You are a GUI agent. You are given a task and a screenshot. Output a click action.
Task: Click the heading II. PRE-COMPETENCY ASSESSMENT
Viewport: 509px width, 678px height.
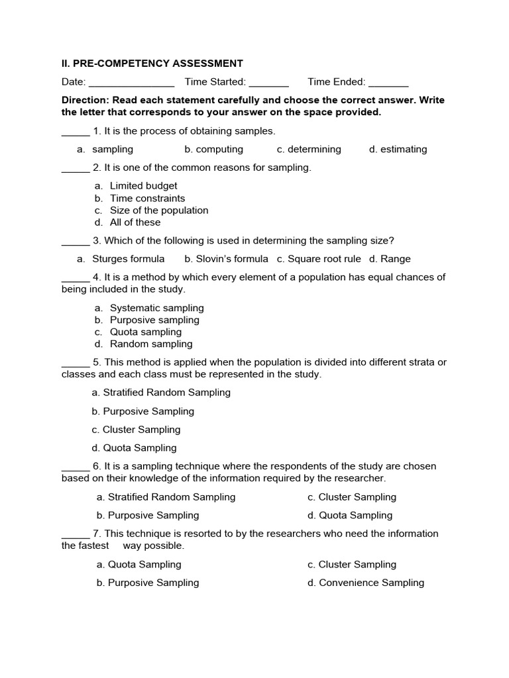pos(152,64)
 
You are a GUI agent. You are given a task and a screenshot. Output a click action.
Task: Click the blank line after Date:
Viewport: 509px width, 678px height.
pos(131,83)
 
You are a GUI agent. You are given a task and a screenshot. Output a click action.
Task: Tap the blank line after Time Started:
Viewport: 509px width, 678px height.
pos(269,83)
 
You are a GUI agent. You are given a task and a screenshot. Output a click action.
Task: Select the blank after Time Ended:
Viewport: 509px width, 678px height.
pos(388,83)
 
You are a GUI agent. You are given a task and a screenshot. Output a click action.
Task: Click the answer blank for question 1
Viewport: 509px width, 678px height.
pos(75,132)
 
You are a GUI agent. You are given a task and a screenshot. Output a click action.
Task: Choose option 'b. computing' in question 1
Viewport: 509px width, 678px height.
pos(213,150)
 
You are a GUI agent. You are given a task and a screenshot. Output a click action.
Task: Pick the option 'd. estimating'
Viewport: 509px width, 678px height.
pos(398,150)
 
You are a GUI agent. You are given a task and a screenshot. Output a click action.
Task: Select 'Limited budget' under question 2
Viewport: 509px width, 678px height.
pos(143,186)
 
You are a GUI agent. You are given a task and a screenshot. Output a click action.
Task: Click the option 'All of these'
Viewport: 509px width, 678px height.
pos(135,222)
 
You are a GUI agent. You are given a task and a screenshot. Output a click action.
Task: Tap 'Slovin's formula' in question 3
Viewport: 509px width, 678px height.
pos(226,259)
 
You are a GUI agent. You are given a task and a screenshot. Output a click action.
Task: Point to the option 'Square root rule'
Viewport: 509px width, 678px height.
pos(319,259)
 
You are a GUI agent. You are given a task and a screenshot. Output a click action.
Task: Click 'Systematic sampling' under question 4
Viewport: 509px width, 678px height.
pos(156,308)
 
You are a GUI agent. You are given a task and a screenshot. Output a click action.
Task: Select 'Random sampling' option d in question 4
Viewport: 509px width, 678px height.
pos(151,344)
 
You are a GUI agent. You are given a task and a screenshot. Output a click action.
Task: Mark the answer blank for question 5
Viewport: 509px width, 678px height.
pos(75,363)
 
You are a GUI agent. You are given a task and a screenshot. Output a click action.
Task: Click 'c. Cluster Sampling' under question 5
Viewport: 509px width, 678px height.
pos(136,430)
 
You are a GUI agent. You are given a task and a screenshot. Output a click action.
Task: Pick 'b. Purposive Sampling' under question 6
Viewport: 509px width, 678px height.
pos(147,515)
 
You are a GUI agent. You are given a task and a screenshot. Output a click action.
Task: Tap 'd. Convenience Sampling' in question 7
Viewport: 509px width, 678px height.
pos(365,583)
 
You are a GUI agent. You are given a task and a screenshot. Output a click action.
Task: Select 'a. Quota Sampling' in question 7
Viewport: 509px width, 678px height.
pos(139,565)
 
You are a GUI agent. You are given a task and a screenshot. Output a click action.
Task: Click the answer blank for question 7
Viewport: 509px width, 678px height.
pos(75,535)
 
